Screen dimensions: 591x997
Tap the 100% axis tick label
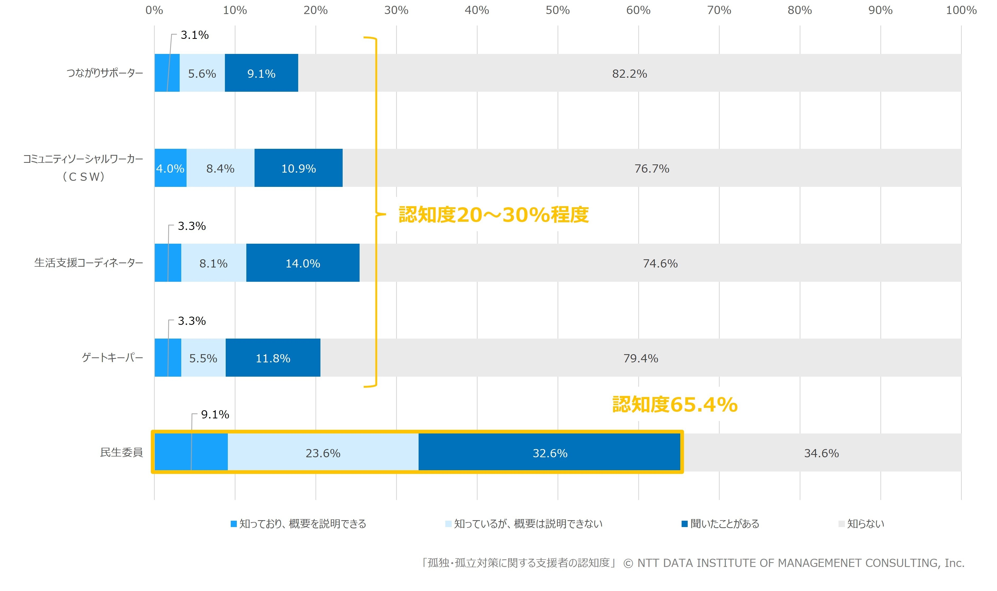point(961,10)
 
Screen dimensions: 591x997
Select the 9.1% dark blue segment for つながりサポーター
point(261,73)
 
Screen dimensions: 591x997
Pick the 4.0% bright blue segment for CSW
point(170,168)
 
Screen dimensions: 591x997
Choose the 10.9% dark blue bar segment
point(298,168)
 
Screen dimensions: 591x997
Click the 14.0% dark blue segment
point(303,263)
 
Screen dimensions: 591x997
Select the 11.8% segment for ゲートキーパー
point(273,358)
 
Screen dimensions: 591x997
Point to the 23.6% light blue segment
point(323,453)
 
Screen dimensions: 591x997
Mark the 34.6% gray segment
point(821,453)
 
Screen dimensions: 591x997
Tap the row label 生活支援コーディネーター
point(88,263)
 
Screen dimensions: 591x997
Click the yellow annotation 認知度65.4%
point(674,405)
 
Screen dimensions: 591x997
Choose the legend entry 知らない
point(865,524)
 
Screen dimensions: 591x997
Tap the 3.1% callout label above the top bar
point(194,35)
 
